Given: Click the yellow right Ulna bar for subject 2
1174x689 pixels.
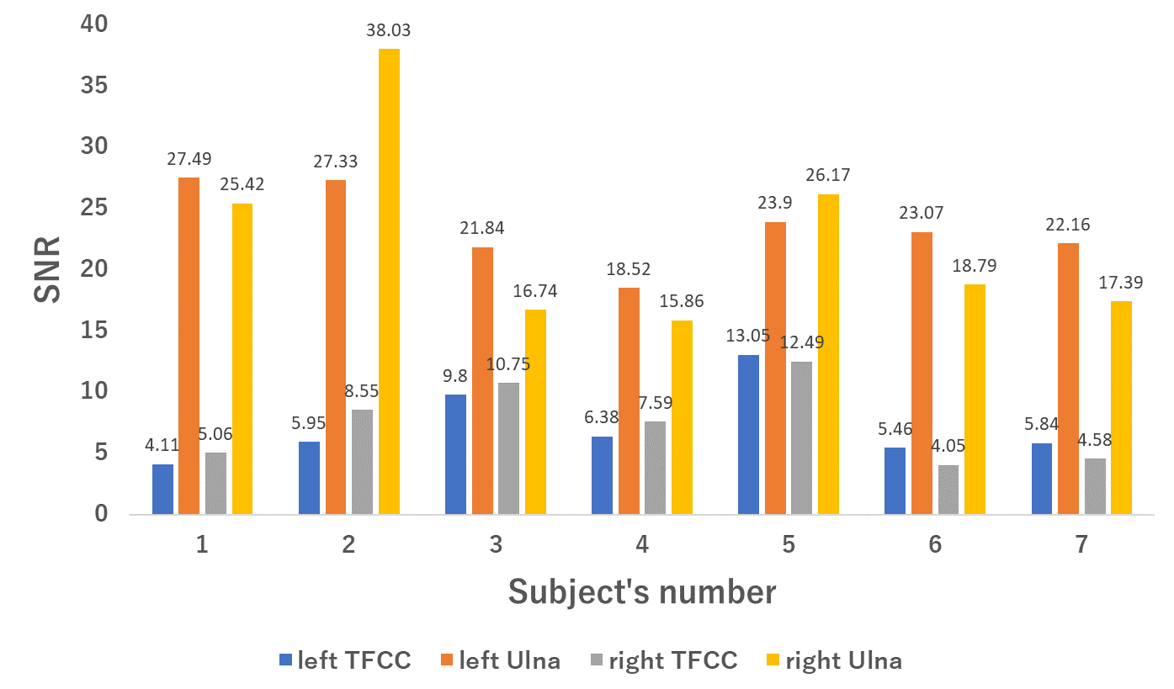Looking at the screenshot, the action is tap(389, 281).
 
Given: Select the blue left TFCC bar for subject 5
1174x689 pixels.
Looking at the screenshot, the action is tap(748, 434).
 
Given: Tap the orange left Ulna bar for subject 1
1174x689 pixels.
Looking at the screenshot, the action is tap(189, 346).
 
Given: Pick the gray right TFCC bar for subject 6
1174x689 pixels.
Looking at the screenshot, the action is tap(948, 490).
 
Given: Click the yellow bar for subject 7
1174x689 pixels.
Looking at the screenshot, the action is tap(1122, 408).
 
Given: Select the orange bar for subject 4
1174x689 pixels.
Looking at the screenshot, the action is tap(629, 400).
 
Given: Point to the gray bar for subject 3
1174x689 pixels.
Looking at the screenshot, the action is tap(508, 448).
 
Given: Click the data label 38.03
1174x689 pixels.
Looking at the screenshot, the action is tap(388, 30).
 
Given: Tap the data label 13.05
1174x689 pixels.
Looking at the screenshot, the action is tap(748, 336).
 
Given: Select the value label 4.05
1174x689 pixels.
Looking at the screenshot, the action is tap(948, 446).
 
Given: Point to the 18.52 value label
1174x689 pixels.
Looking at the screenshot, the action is tap(629, 269).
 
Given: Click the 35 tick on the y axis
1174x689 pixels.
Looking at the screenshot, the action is tap(94, 85).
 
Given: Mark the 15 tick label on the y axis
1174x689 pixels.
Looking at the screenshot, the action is tap(94, 330).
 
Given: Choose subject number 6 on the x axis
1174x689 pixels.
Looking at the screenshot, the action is tap(935, 545).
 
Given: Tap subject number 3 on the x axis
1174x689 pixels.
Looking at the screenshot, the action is tap(496, 545).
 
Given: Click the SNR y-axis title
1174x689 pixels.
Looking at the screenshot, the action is tap(47, 270).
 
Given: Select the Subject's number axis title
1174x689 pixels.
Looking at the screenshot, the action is tap(642, 592).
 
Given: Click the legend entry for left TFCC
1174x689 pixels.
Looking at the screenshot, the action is tap(345, 660).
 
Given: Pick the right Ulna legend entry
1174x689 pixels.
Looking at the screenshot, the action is tap(834, 660).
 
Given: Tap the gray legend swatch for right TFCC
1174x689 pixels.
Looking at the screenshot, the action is tap(597, 660).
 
